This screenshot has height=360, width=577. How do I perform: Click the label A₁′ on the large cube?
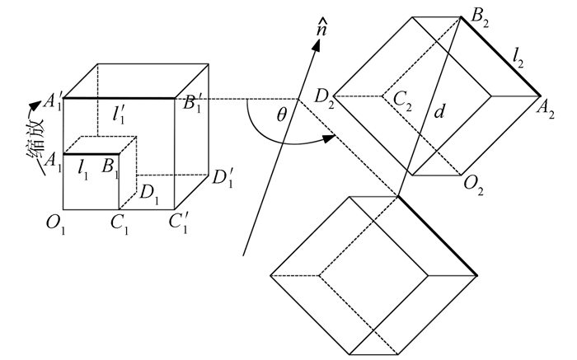[x=52, y=103]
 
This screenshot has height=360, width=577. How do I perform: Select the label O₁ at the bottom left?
[x=55, y=222]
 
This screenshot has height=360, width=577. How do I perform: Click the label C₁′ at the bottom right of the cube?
[x=177, y=223]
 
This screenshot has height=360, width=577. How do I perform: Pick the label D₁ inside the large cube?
[x=148, y=194]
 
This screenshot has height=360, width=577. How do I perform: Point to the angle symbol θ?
[x=281, y=115]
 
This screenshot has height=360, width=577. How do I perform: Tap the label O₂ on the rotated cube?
[x=473, y=184]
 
